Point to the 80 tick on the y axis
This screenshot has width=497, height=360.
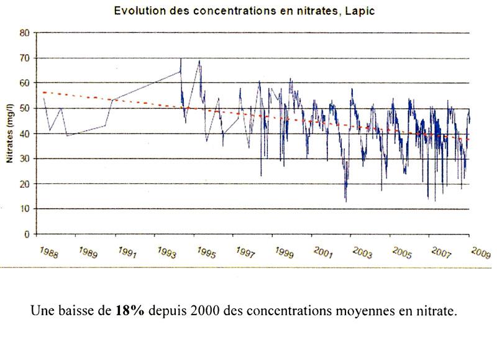[x=25, y=32]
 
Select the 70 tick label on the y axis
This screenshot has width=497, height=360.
[x=25, y=58]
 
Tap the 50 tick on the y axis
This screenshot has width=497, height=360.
[x=25, y=108]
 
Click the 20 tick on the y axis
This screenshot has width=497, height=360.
[x=25, y=184]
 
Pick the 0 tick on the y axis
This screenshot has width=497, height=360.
[x=27, y=234]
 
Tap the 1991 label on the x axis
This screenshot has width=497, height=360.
[x=126, y=254]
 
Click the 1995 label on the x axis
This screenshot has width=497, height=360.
[x=205, y=254]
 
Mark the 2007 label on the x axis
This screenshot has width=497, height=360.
[x=440, y=254]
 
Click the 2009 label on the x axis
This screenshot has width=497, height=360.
[x=479, y=254]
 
